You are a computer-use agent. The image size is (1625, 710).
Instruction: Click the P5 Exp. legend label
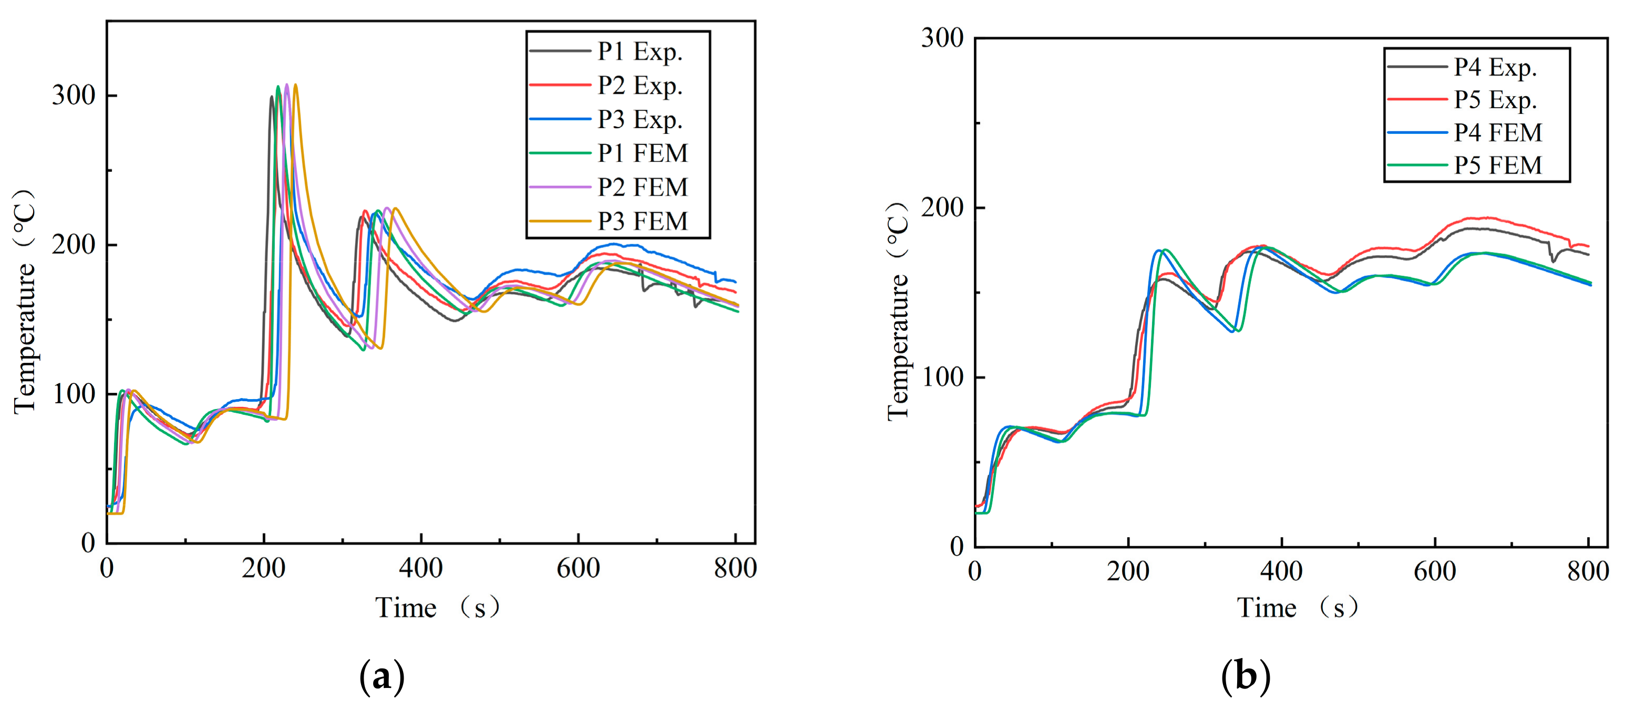click(x=1495, y=100)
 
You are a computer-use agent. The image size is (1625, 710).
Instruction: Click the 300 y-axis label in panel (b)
click(x=942, y=38)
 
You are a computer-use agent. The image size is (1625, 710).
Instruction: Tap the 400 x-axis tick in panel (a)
click(x=421, y=568)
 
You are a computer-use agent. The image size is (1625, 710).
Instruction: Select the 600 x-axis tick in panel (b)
click(x=1435, y=571)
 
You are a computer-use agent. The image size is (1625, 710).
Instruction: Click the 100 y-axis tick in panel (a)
click(x=74, y=394)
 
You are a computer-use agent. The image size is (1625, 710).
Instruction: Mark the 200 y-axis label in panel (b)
click(x=942, y=207)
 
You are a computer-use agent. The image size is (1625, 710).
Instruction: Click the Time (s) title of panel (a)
click(x=437, y=608)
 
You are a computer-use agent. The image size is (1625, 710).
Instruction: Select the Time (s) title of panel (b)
click(x=1297, y=608)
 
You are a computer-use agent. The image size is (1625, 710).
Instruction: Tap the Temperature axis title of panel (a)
click(x=25, y=302)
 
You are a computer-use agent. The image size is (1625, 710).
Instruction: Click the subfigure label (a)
click(x=382, y=678)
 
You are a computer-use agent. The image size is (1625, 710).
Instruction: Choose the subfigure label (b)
click(x=1246, y=678)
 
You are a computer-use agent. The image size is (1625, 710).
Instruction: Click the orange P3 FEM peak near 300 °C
click(x=295, y=85)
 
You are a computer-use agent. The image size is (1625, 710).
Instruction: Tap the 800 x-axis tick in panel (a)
click(x=736, y=568)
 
